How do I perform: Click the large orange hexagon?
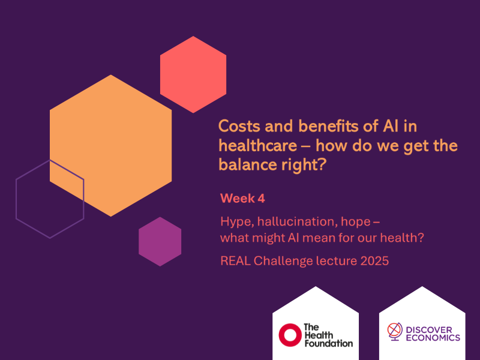coord(111,144)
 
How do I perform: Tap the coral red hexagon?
coord(193,74)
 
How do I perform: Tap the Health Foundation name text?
coord(328,335)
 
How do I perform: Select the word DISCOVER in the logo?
coord(434,329)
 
